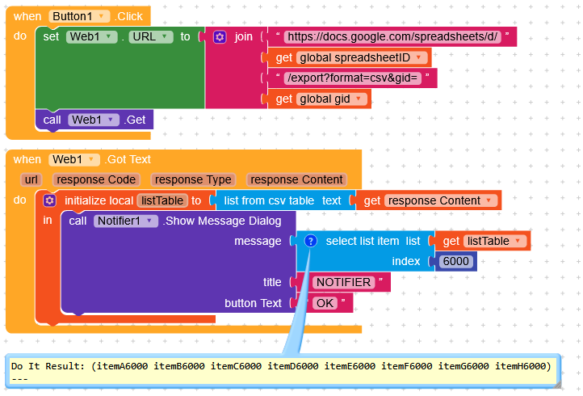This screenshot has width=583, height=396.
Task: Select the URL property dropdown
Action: pyautogui.click(x=152, y=36)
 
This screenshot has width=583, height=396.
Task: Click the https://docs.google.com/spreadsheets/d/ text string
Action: pyautogui.click(x=392, y=36)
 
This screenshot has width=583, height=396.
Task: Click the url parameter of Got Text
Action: pyautogui.click(x=31, y=179)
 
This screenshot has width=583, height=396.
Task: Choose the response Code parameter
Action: pyautogui.click(x=95, y=179)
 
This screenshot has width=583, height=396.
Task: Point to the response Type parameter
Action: pyautogui.click(x=193, y=179)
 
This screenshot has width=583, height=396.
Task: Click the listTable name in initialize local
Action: pyautogui.click(x=161, y=200)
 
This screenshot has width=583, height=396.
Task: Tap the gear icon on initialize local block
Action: pyautogui.click(x=50, y=200)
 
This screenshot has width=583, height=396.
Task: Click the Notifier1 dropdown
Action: pyautogui.click(x=124, y=221)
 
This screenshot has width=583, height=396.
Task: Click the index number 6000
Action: pyautogui.click(x=457, y=261)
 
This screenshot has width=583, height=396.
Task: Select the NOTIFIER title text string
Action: pyautogui.click(x=343, y=282)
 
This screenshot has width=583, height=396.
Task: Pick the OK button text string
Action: pyautogui.click(x=325, y=303)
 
